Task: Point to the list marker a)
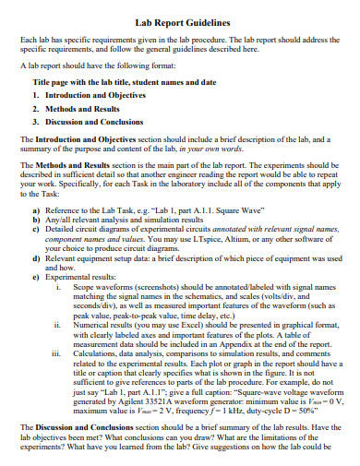pyautogui.click(x=36, y=211)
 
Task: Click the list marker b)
pyautogui.click(x=36, y=221)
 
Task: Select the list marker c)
pyautogui.click(x=36, y=232)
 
